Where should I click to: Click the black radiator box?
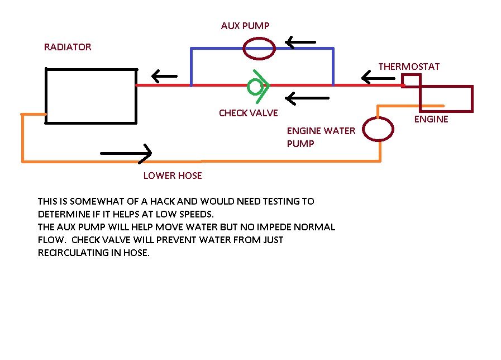pyautogui.click(x=91, y=96)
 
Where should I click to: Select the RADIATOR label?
pyautogui.click(x=68, y=48)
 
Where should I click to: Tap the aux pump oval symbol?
pyautogui.click(x=259, y=48)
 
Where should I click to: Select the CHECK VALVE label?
pyautogui.click(x=248, y=113)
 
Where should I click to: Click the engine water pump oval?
pyautogui.click(x=378, y=129)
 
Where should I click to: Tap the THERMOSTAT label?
pyautogui.click(x=409, y=67)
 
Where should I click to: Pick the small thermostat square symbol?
pyautogui.click(x=412, y=81)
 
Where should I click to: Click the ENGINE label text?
pyautogui.click(x=431, y=119)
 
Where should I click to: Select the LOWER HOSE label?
pyautogui.click(x=173, y=176)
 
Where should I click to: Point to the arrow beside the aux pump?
pyautogui.click(x=300, y=42)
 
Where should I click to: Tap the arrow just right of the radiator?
pyautogui.click(x=164, y=75)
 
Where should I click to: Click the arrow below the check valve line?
pyautogui.click(x=307, y=99)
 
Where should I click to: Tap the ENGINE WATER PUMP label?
pyautogui.click(x=321, y=137)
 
